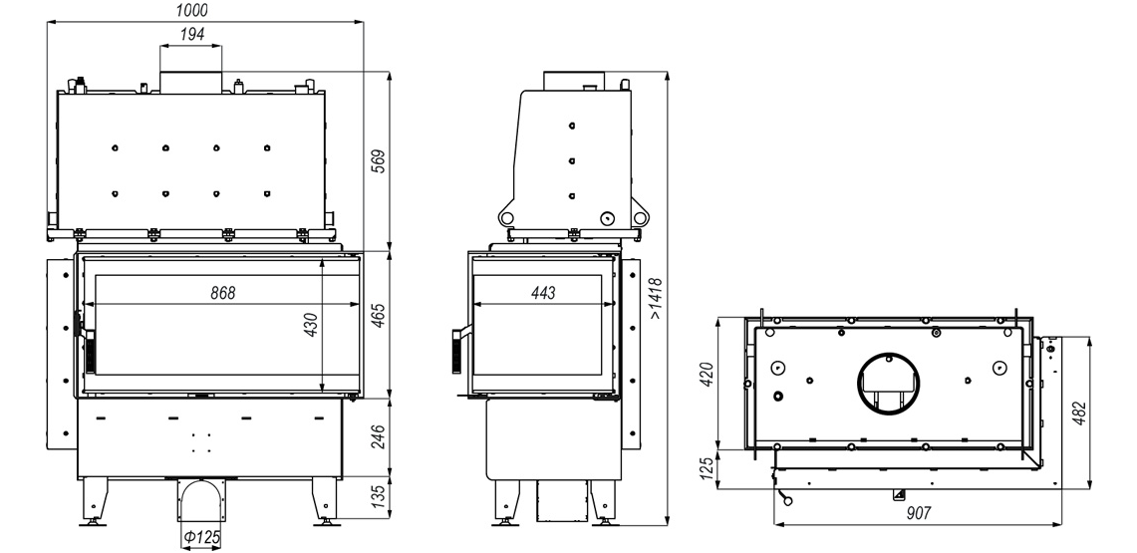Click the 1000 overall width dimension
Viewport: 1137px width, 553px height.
191,10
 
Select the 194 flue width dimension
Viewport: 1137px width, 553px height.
191,34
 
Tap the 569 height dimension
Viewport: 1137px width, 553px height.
378,160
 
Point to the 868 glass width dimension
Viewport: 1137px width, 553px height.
223,293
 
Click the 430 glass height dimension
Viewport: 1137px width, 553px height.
310,325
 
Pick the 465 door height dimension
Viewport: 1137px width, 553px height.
378,315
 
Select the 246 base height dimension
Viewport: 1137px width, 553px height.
378,437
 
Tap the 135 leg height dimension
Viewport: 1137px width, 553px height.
378,498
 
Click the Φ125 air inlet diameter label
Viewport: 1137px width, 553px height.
201,538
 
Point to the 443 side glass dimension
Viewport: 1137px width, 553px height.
543,293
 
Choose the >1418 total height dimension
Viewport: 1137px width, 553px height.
656,299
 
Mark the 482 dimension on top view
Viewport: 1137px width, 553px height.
1080,414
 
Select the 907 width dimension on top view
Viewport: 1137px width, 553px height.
918,513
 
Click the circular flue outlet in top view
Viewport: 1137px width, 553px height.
888,384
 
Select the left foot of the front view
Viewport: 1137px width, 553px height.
95,501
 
